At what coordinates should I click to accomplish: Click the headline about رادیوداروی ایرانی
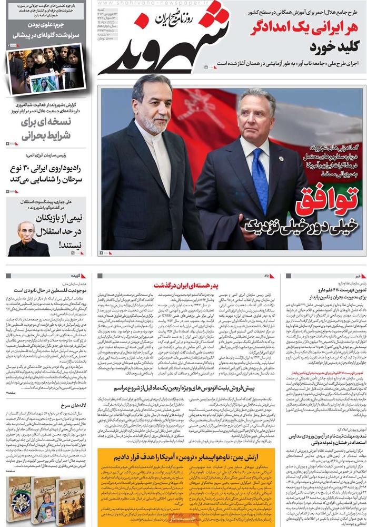pos(45,174)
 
